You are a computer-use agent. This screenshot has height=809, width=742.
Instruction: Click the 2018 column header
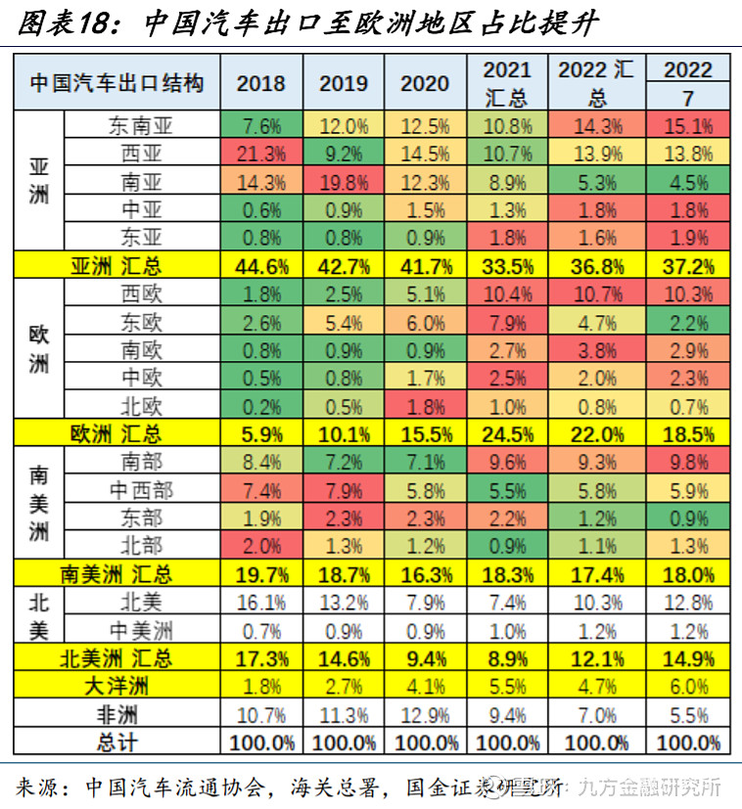pyautogui.click(x=261, y=83)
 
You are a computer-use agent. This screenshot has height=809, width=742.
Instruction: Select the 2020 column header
pyautogui.click(x=425, y=83)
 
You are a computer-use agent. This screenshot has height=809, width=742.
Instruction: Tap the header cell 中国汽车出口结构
pyautogui.click(x=116, y=83)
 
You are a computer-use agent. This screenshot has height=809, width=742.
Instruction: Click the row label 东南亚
pyautogui.click(x=142, y=125)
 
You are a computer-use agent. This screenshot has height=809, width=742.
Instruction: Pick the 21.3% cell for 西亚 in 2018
pyautogui.click(x=261, y=153)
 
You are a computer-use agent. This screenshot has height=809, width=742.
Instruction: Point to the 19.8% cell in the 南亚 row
pyautogui.click(x=343, y=181)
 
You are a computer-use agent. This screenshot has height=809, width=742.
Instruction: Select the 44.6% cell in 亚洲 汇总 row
pyautogui.click(x=261, y=265)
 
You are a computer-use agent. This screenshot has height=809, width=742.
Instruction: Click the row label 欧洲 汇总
pyautogui.click(x=116, y=433)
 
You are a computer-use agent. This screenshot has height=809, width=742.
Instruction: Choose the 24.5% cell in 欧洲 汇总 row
pyautogui.click(x=507, y=433)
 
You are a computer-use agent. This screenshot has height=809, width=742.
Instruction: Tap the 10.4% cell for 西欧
pyautogui.click(x=507, y=293)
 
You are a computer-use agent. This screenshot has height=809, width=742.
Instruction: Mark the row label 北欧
pyautogui.click(x=142, y=405)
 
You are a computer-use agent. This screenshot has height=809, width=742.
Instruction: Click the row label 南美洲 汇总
pyautogui.click(x=116, y=573)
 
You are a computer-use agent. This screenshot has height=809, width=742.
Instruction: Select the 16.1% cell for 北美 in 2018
pyautogui.click(x=261, y=602)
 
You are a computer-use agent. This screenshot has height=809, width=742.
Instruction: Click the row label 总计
pyautogui.click(x=116, y=742)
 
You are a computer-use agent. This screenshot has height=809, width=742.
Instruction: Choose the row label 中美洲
pyautogui.click(x=142, y=629)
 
